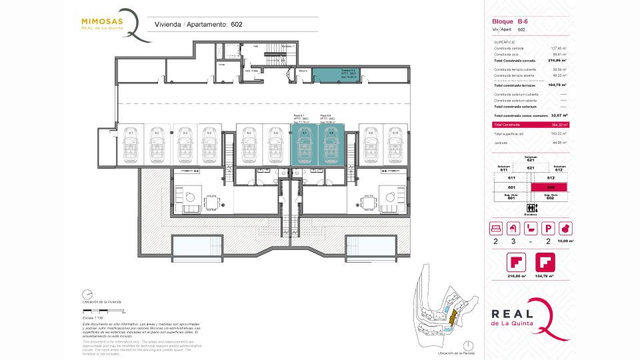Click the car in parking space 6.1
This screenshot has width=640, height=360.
131,145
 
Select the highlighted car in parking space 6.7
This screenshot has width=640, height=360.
305,145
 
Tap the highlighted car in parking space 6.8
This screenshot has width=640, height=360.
330,145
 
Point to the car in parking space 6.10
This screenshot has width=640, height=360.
395,145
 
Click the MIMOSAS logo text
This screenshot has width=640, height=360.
101,21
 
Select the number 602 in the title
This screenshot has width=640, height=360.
237,25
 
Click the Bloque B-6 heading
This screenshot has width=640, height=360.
510,21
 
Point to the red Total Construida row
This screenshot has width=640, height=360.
530,125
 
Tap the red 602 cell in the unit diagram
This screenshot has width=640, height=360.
551,188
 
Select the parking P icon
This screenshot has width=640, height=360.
548,227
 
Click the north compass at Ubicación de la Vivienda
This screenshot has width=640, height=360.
87,294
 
